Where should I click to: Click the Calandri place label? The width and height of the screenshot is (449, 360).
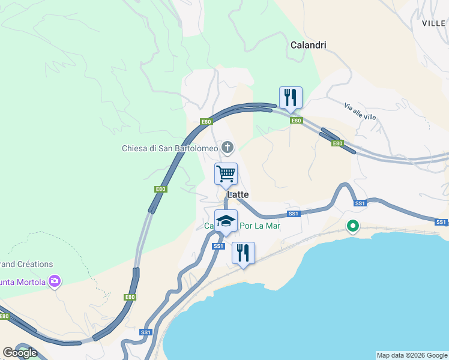308,45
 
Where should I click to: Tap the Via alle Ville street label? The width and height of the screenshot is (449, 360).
360,111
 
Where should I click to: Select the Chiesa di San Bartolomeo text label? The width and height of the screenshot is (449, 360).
170,148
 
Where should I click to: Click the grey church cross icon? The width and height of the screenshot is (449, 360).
228,147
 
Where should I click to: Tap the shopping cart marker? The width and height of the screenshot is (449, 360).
226,174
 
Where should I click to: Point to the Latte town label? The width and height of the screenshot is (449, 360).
238,195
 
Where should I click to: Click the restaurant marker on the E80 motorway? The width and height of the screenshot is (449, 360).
291,97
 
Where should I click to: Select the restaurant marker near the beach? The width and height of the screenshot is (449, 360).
243,253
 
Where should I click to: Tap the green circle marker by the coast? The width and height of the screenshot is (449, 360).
353,226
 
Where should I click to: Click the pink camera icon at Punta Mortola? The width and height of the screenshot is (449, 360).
55,280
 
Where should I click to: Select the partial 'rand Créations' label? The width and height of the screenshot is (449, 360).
26,264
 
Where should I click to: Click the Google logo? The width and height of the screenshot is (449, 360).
20,353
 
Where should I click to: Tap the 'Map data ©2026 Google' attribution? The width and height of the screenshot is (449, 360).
412,355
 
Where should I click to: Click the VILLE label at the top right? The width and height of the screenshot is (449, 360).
434,23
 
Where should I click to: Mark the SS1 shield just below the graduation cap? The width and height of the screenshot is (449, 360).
218,246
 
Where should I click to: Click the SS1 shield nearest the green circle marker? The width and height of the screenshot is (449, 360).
360,203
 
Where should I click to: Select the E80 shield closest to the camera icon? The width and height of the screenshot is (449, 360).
130,297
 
